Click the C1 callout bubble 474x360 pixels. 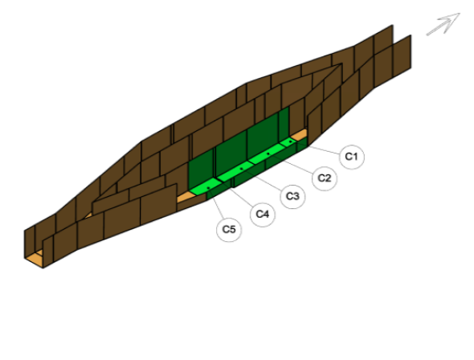pyautogui.click(x=352, y=157)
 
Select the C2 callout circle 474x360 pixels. pyautogui.click(x=325, y=178)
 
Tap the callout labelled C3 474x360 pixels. pyautogui.click(x=292, y=197)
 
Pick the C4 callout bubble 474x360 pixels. pyautogui.click(x=263, y=215)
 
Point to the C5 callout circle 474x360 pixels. pyautogui.click(x=229, y=230)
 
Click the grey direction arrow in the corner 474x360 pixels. pyautogui.click(x=443, y=24)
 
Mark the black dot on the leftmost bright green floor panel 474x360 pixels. pyautogui.click(x=208, y=188)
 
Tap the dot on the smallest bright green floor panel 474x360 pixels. pyautogui.click(x=291, y=141)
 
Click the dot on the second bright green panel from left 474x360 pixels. pyautogui.click(x=241, y=169)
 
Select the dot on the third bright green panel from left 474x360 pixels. pyautogui.click(x=268, y=153)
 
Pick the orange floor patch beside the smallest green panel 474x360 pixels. pyautogui.click(x=300, y=135)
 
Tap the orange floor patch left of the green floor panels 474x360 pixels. pyautogui.click(x=185, y=198)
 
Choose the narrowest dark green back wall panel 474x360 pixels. pyautogui.click(x=284, y=125)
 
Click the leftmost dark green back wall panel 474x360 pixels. pyautogui.click(x=201, y=170)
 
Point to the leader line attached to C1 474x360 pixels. pyautogui.click(x=324, y=150)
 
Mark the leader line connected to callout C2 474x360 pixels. pyautogui.click(x=293, y=165)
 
